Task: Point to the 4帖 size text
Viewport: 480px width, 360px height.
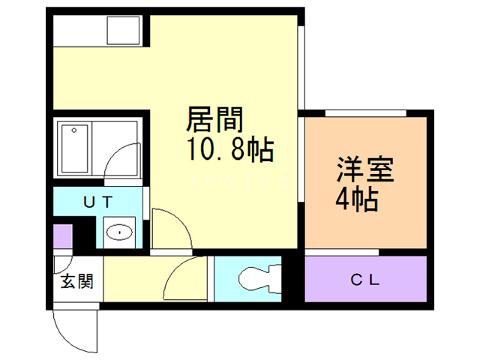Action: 355,200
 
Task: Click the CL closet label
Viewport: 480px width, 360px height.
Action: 365,281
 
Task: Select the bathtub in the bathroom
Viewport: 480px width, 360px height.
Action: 74,148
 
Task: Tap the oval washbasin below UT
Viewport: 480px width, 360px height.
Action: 118,232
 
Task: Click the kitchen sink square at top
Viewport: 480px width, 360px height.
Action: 123,31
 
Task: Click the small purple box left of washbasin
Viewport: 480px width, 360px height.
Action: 62,237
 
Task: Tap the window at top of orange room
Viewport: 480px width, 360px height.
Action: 365,113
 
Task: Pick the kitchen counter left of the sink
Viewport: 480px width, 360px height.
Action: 79,31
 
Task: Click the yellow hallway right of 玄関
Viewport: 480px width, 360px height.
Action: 131,280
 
